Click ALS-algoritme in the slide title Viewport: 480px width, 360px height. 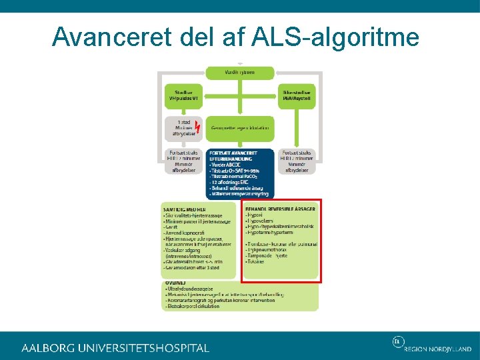click(337, 37)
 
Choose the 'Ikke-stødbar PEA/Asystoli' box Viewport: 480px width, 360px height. click(296, 95)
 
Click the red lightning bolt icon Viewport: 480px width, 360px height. click(197, 126)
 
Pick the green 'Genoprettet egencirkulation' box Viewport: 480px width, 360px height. click(240, 127)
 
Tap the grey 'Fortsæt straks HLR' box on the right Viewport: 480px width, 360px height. click(296, 161)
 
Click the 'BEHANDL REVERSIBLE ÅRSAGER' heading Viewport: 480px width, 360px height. click(280, 209)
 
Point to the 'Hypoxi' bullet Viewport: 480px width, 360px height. click(255, 215)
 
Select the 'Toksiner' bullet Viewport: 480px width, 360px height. click(256, 261)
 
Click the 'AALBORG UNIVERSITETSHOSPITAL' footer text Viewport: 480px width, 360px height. click(115, 348)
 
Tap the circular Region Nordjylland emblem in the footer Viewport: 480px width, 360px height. click(398, 342)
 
